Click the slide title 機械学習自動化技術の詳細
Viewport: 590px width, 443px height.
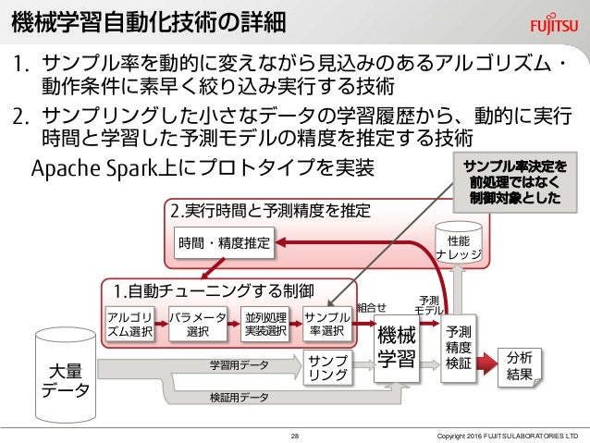pos(148,20)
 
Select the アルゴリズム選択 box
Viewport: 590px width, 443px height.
pos(131,325)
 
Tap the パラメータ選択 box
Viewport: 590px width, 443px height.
pos(197,325)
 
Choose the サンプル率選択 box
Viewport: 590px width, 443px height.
pos(326,325)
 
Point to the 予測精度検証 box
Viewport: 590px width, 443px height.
pos(459,348)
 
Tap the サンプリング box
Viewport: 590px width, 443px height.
pos(327,367)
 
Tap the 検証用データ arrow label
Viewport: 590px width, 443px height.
pos(239,398)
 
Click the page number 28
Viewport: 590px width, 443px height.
pos(295,434)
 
